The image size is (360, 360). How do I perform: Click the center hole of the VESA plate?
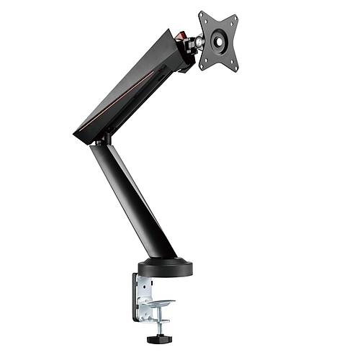(x=218, y=40)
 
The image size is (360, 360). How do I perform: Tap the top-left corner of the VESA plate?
(x=202, y=15)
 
